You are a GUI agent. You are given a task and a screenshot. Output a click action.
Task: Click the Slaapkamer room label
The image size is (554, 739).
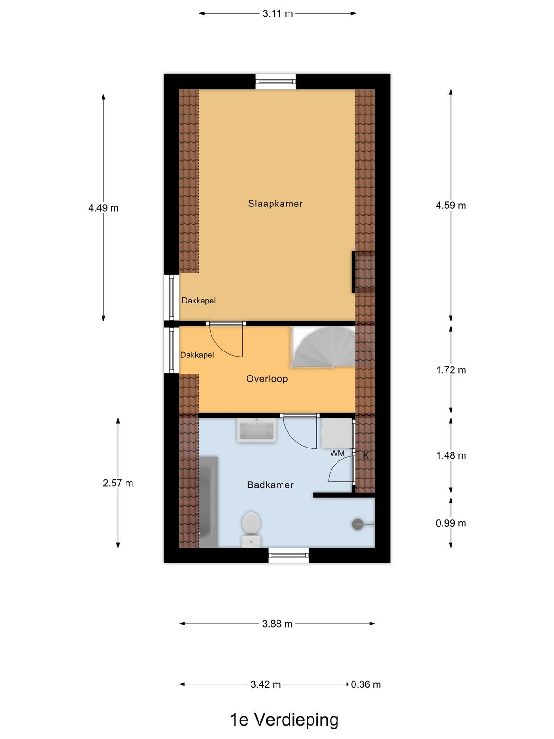coord(275,204)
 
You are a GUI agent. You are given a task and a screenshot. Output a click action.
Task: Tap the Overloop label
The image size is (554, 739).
coord(267,379)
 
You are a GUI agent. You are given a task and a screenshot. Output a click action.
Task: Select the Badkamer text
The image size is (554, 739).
coord(271,485)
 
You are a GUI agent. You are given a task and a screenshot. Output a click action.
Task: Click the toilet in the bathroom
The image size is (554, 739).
coord(251,530)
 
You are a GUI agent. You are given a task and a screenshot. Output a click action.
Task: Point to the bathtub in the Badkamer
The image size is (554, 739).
coord(208,502)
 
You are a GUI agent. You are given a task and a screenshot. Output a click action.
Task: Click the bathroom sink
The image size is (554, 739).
coord(256,430)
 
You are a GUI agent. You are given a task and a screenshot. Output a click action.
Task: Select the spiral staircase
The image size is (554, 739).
coord(323,347)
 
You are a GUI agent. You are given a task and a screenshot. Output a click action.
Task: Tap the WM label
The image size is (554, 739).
coord(337,454)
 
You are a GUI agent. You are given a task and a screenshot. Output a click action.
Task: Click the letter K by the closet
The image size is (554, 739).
coord(366,455)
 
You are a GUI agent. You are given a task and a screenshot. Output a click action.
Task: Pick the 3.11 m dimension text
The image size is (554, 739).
coord(277,14)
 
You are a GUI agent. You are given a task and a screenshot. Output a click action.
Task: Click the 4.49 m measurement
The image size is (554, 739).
coord(103,208)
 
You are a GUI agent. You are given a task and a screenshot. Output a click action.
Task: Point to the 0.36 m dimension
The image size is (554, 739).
coord(366,684)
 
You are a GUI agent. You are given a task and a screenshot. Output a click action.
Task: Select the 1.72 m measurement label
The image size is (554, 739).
coord(451,370)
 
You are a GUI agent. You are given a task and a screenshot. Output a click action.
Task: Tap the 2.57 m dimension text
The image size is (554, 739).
coord(118,484)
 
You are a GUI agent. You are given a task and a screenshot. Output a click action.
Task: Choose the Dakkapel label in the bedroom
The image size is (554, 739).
coord(199,301)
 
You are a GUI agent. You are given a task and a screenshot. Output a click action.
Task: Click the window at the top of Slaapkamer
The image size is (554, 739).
coord(276,82)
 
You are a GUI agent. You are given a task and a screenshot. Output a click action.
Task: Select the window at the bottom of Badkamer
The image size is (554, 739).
coord(289,556)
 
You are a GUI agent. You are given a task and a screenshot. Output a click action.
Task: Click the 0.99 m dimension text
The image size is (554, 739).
coord(451,523)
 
